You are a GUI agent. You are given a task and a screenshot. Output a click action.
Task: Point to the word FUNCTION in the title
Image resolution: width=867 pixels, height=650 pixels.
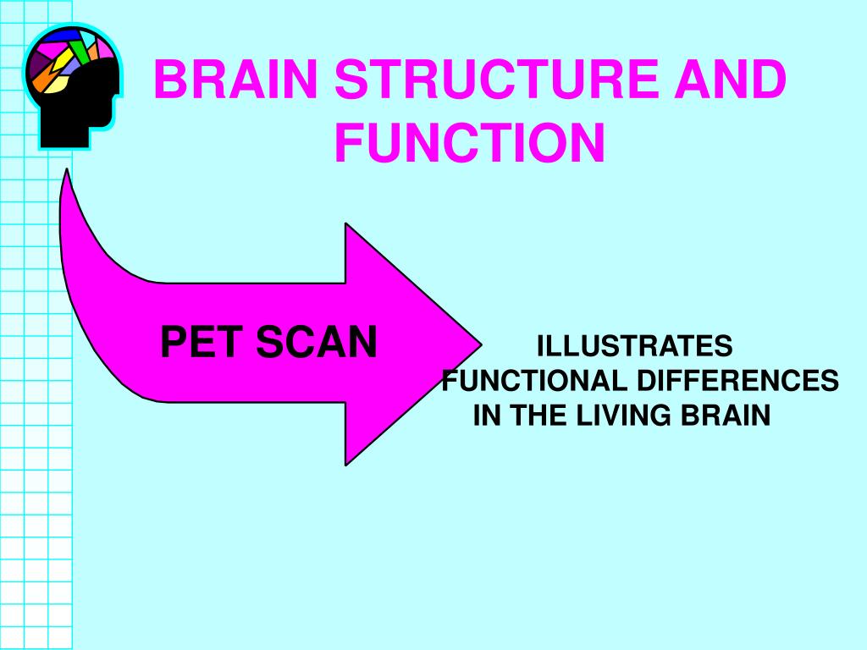(x=469, y=142)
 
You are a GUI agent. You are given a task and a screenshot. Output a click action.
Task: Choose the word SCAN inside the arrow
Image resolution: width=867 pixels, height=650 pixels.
(x=317, y=342)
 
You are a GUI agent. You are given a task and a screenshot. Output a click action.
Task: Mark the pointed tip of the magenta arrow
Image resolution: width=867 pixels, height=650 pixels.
(x=481, y=344)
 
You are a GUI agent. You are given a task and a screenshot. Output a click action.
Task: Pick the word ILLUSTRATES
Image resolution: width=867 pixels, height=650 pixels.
(x=635, y=346)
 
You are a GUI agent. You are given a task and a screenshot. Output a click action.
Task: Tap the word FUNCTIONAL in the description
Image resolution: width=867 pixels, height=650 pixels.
(x=534, y=381)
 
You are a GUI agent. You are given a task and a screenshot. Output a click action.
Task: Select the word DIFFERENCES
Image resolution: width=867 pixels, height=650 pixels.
(x=737, y=381)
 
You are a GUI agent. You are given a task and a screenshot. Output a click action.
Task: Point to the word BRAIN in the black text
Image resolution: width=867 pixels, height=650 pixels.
(x=726, y=415)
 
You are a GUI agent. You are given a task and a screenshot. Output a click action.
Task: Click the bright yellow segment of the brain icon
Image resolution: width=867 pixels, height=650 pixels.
(x=63, y=60)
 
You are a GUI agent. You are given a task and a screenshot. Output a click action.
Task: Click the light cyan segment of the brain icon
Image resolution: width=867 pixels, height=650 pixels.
(x=88, y=39)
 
